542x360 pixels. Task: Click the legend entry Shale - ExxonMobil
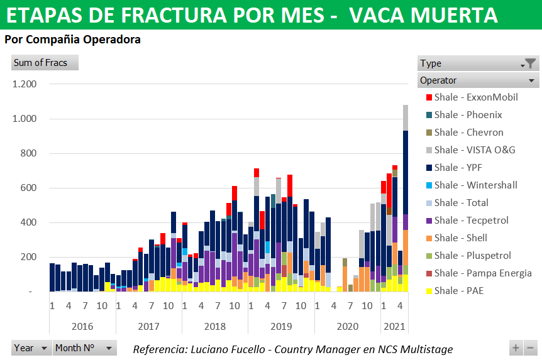tap(475, 97)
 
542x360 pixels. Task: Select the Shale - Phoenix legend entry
tap(468, 115)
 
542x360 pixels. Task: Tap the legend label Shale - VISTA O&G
tap(474, 150)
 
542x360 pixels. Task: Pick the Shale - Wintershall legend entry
tap(475, 185)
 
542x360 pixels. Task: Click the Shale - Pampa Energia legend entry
tap(482, 273)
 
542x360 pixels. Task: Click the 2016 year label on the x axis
tap(82, 327)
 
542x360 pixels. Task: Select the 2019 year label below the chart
tap(281, 327)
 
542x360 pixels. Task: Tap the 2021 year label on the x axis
tap(394, 327)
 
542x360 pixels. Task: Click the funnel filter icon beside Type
tap(531, 63)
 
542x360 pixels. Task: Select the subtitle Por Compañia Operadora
tap(72, 40)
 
